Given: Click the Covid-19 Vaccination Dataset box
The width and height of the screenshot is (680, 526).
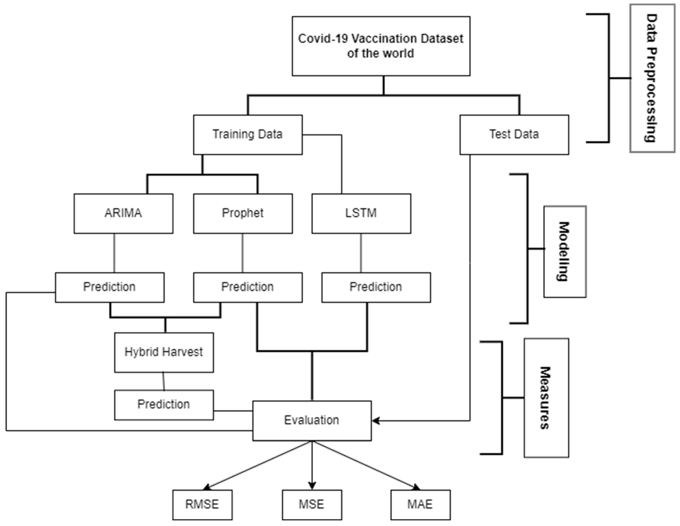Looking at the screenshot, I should click(381, 46).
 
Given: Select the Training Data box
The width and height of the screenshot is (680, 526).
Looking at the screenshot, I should click(247, 135).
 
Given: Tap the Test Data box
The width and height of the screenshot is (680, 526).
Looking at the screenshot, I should click(514, 135).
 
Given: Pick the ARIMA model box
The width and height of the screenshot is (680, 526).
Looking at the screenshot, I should click(123, 213).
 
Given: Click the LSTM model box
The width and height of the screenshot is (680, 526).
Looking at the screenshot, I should click(361, 213).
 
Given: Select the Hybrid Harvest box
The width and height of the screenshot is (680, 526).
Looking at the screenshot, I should click(164, 352).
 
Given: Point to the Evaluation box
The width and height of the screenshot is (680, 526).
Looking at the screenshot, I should click(312, 420).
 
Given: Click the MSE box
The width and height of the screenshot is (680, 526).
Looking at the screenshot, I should click(312, 504).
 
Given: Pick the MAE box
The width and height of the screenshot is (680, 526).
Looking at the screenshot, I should click(420, 504).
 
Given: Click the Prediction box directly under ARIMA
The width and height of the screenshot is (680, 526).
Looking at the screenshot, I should click(110, 287).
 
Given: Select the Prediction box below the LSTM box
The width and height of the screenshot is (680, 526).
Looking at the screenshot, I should click(376, 287).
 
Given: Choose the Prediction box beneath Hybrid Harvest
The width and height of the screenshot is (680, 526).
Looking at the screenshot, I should click(164, 405).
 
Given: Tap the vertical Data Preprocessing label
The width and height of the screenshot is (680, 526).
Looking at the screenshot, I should click(652, 78).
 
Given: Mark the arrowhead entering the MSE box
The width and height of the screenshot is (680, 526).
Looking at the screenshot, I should click(312, 486).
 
